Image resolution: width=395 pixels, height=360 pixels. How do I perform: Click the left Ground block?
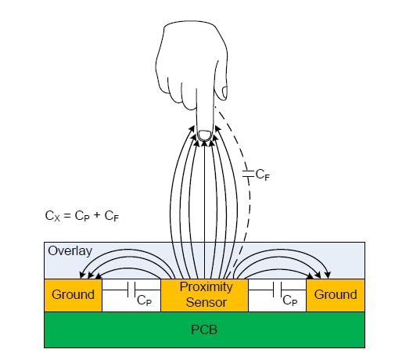[x=73, y=295]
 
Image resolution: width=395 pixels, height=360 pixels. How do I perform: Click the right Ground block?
[x=335, y=295]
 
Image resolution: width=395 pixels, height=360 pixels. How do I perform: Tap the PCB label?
[x=204, y=329]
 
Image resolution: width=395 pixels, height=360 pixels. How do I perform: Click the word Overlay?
[x=69, y=252]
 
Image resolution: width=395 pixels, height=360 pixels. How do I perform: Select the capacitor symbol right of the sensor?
[x=277, y=289]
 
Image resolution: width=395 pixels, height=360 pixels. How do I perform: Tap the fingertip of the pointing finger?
[x=204, y=136]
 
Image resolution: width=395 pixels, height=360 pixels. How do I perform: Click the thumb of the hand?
[x=224, y=92]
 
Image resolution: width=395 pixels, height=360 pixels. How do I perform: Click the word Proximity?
[x=206, y=287]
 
